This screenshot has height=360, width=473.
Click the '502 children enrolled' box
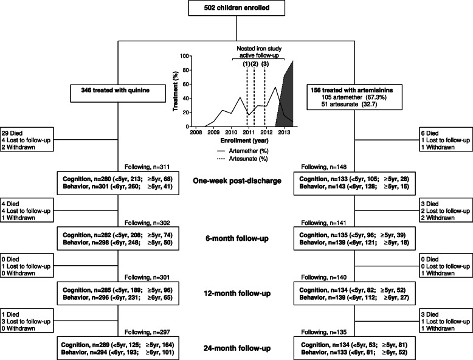tap(236, 9)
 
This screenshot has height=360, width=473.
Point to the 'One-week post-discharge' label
tap(236, 180)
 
